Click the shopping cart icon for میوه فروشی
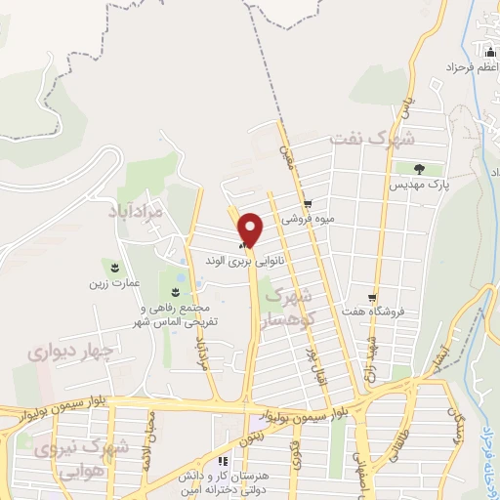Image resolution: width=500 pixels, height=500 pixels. click(x=308, y=204)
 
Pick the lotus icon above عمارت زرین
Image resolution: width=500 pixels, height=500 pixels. click(x=115, y=267)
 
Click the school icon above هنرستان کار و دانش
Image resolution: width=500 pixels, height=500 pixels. click(x=223, y=460)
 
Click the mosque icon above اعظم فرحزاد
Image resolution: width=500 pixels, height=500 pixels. click(x=488, y=51)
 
